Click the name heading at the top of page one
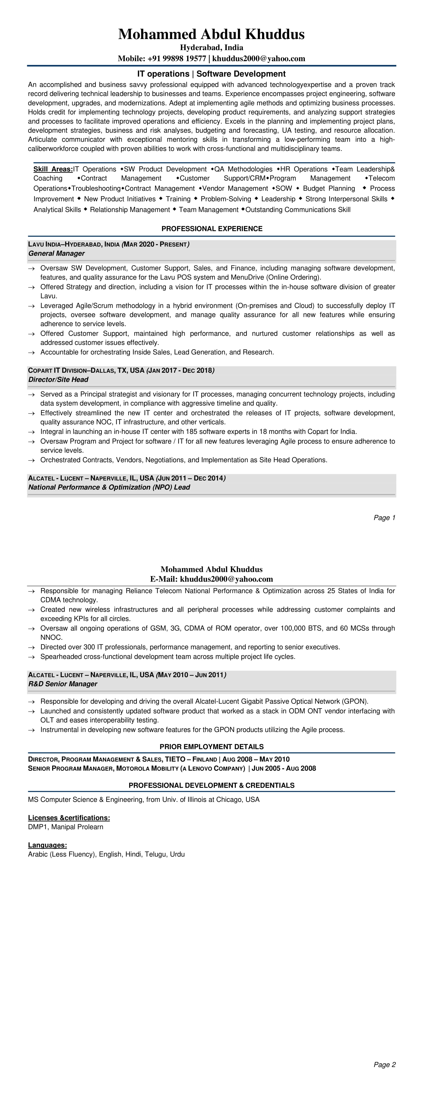[x=211, y=34]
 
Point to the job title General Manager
[x=56, y=254]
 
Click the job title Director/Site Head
[x=58, y=380]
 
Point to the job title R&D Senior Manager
[x=62, y=684]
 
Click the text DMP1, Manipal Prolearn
[x=65, y=827]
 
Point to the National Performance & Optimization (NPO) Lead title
[x=109, y=488]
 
